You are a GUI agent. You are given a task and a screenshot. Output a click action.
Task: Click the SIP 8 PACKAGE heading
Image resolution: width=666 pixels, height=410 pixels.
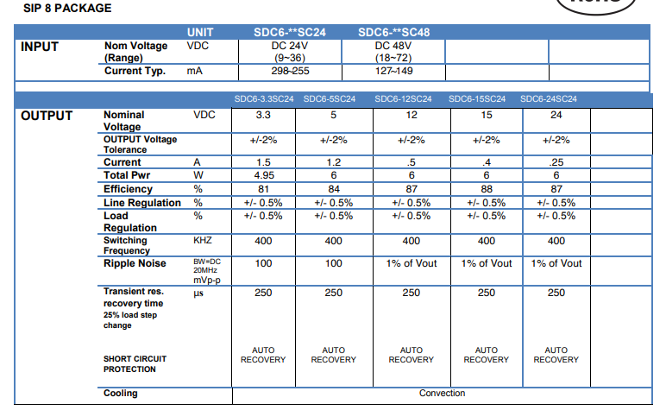pyautogui.click(x=67, y=8)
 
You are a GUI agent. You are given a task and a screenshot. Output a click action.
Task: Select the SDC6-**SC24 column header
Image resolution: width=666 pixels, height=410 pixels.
pyautogui.click(x=290, y=32)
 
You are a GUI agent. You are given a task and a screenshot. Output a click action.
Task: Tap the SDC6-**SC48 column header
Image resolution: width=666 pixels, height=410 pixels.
pyautogui.click(x=393, y=32)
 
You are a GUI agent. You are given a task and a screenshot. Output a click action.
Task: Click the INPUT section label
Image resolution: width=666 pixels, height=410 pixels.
pyautogui.click(x=40, y=47)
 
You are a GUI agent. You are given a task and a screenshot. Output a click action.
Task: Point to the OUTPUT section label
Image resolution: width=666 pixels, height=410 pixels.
pyautogui.click(x=47, y=116)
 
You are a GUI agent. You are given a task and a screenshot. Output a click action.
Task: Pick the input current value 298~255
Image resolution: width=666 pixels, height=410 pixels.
pyautogui.click(x=290, y=71)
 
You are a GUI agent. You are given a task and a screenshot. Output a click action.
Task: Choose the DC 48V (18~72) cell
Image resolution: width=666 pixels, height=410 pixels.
pyautogui.click(x=393, y=52)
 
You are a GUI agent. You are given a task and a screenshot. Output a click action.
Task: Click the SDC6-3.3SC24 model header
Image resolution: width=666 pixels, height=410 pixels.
pyautogui.click(x=264, y=99)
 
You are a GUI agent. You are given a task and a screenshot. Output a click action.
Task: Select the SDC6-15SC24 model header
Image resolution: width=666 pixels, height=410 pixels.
pyautogui.click(x=477, y=99)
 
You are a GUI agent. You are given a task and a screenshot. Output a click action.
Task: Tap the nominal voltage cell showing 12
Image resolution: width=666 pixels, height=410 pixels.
pyautogui.click(x=412, y=115)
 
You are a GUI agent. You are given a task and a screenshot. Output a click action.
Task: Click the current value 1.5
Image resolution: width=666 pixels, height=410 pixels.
pyautogui.click(x=263, y=162)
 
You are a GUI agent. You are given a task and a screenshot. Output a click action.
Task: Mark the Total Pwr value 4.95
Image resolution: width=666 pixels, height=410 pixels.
pyautogui.click(x=264, y=175)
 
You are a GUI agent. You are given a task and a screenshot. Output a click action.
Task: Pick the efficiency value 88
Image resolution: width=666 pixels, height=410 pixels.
pyautogui.click(x=487, y=189)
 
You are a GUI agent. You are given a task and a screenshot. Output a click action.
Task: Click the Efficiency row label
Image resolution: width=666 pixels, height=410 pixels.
pyautogui.click(x=128, y=189)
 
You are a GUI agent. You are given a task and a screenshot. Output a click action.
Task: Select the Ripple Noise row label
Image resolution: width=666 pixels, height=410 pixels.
pyautogui.click(x=135, y=263)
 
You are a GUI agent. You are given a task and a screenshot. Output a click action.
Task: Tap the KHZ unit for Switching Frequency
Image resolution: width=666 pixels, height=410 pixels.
pyautogui.click(x=203, y=241)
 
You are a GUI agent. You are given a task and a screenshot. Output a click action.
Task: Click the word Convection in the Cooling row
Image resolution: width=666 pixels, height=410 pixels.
pyautogui.click(x=443, y=394)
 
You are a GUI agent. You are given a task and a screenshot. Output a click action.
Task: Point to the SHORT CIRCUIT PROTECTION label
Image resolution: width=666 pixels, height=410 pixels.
pyautogui.click(x=135, y=364)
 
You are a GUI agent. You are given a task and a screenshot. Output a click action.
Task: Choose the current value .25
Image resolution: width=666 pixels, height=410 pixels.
pyautogui.click(x=556, y=162)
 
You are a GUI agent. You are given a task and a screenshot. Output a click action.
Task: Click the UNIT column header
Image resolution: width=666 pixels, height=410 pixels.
pyautogui.click(x=200, y=32)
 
